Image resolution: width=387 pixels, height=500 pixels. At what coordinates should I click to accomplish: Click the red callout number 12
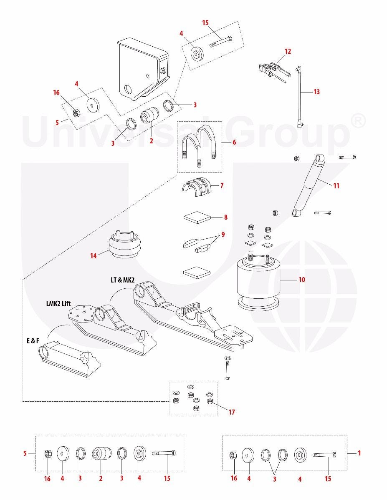click(288, 51)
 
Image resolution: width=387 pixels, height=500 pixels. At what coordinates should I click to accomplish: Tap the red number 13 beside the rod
click(317, 92)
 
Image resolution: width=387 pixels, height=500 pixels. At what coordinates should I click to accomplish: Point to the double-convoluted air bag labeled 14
click(124, 246)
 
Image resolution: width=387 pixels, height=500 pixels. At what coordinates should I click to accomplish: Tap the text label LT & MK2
click(123, 280)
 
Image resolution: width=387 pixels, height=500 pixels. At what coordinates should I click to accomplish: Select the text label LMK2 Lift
click(58, 303)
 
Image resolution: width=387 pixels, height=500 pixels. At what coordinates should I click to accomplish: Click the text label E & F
click(33, 341)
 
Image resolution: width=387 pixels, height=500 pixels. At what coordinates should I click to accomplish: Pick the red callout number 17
click(232, 412)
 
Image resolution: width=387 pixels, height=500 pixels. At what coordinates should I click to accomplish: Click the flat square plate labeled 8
click(197, 217)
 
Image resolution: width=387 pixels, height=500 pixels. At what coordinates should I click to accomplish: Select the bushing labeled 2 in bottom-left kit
click(101, 453)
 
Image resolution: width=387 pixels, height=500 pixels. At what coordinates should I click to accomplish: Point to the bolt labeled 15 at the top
click(221, 41)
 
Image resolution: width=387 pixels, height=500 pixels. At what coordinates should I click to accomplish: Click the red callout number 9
click(223, 235)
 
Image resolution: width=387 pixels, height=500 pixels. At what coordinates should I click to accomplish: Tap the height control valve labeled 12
click(274, 70)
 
